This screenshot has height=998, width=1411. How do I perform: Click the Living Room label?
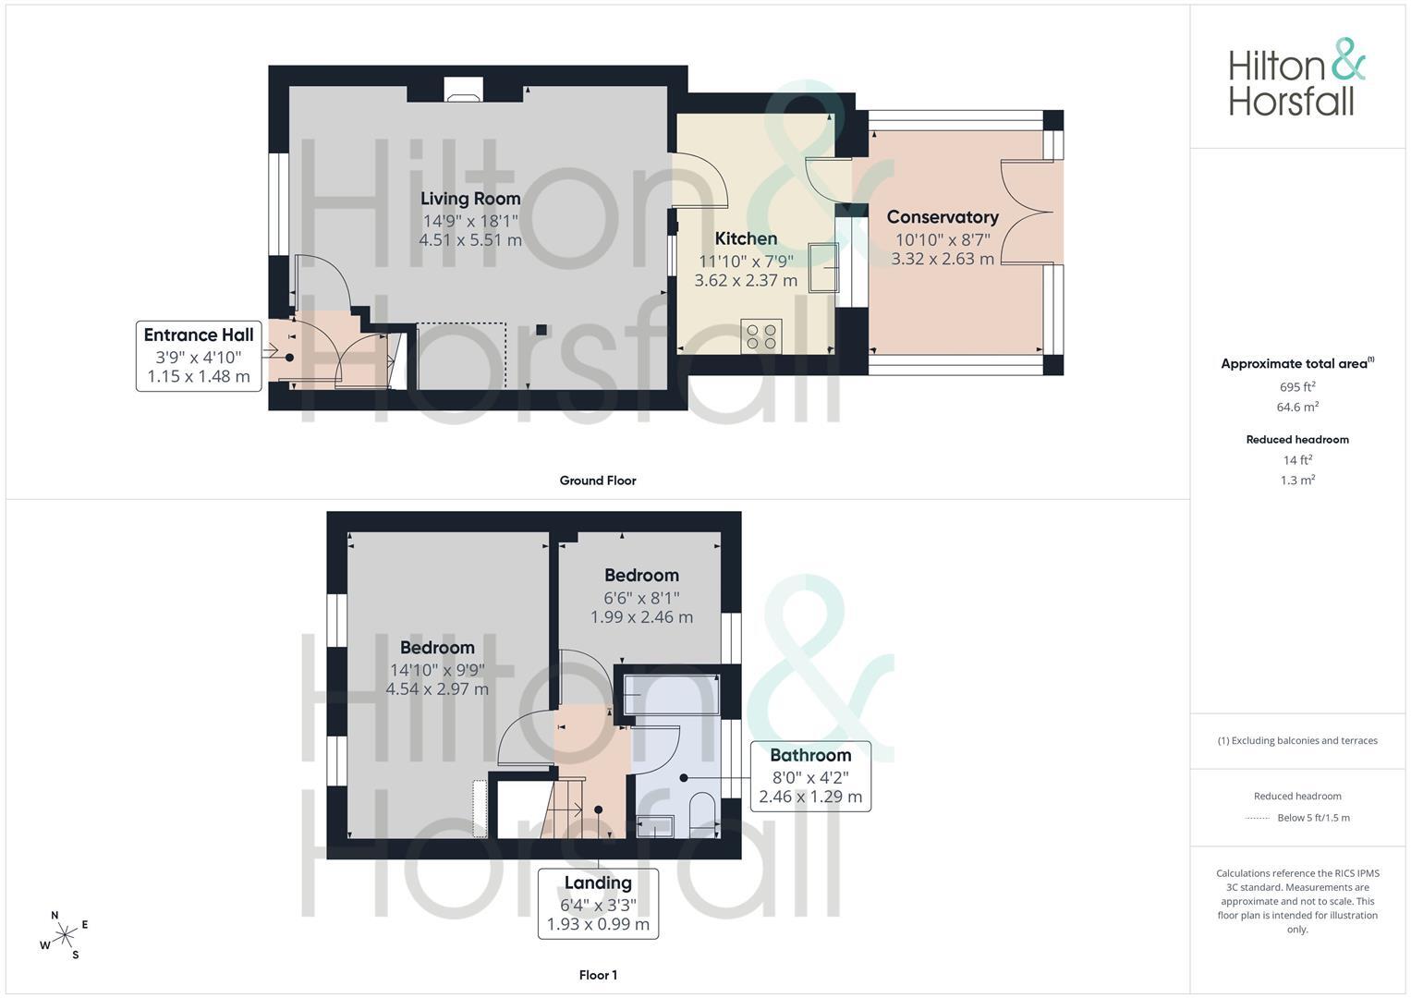click(x=470, y=199)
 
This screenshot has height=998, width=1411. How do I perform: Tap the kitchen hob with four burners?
click(x=760, y=336)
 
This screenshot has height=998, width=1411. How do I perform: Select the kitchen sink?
click(x=824, y=268)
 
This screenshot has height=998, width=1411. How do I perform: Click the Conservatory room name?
click(x=943, y=217)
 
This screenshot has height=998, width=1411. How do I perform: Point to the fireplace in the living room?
click(x=464, y=90)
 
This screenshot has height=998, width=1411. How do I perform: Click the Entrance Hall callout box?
click(x=199, y=356)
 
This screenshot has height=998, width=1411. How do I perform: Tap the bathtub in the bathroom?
click(x=671, y=694)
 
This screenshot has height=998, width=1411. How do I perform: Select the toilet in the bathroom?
click(x=703, y=815)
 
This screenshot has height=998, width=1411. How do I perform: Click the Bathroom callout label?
click(x=810, y=776)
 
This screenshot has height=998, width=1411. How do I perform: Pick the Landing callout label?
click(x=598, y=904)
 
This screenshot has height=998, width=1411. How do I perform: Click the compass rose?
click(x=65, y=935)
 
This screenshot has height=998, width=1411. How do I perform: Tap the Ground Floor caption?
click(x=598, y=481)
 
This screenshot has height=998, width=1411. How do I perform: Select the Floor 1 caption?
click(x=598, y=975)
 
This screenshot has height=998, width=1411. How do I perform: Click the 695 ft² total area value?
click(x=1297, y=387)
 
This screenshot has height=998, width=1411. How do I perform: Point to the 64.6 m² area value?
click(x=1297, y=407)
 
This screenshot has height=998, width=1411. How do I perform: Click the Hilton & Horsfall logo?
click(x=1296, y=78)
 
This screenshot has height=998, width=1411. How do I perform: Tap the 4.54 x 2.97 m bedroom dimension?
click(x=437, y=689)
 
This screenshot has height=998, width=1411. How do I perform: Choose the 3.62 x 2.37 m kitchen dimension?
click(x=746, y=280)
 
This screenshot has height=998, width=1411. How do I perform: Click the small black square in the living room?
click(x=541, y=330)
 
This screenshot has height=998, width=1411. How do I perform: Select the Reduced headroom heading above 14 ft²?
click(x=1297, y=440)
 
